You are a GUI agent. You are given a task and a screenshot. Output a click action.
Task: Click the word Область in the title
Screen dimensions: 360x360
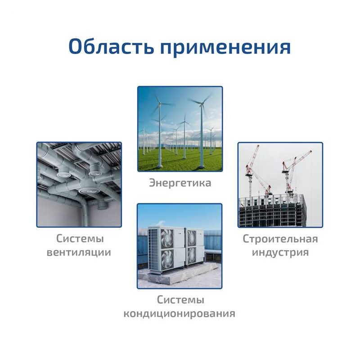[111, 47]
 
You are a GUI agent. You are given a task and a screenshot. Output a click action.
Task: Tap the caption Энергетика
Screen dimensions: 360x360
[180, 183]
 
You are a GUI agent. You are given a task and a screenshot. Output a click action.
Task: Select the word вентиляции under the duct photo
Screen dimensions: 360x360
[79, 252]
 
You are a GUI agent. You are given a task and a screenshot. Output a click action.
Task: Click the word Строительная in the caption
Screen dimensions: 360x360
[280, 239]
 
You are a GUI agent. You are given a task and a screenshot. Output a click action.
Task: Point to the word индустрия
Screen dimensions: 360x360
[280, 252]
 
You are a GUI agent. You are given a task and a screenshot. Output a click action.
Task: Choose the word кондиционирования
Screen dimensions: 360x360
[179, 313]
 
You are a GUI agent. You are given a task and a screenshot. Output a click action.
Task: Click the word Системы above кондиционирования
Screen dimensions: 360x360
[180, 300]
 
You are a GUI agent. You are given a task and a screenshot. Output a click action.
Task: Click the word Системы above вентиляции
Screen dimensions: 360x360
[80, 238]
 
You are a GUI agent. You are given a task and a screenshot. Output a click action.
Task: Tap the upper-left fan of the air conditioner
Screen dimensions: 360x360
[167, 238]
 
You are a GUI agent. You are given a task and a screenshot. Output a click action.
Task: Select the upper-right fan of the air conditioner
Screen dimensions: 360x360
[191, 238]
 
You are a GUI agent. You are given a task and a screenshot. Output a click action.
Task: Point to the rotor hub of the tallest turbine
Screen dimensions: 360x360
[202, 105]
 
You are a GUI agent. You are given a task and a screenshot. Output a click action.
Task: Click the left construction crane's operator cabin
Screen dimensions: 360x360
[249, 174]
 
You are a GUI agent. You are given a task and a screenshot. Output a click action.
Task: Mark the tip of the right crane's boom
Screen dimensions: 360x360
[311, 151]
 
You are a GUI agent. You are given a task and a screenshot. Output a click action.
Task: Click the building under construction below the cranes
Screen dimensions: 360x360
[273, 211]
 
